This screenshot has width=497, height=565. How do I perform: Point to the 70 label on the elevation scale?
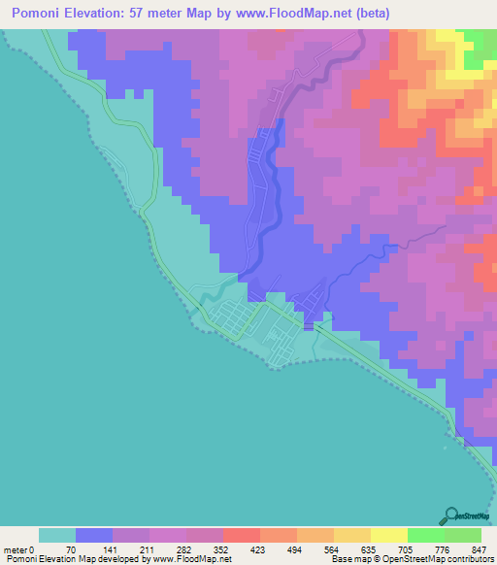pyautogui.click(x=70, y=549)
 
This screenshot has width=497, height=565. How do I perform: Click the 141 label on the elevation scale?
pyautogui.click(x=108, y=549)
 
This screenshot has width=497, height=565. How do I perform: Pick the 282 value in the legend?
pyautogui.click(x=181, y=549)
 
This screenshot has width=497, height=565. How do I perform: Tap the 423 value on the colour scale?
pyautogui.click(x=254, y=549)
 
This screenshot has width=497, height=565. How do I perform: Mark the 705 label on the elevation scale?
pyautogui.click(x=401, y=549)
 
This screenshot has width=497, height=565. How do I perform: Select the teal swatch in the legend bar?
pyautogui.click(x=57, y=535)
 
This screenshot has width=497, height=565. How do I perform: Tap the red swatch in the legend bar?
pyautogui.click(x=241, y=535)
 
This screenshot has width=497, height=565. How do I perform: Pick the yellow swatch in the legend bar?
pyautogui.click(x=388, y=535)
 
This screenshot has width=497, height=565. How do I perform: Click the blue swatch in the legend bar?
pyautogui.click(x=94, y=535)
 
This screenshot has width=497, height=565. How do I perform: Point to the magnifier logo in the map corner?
pyautogui.click(x=451, y=515)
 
